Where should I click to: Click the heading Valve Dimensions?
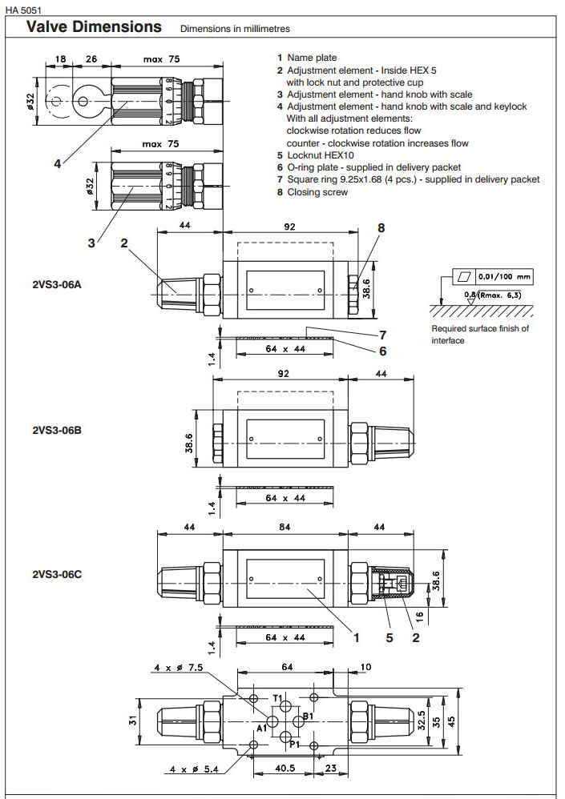pyautogui.click(x=94, y=26)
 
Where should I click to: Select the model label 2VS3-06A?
pyautogui.click(x=56, y=284)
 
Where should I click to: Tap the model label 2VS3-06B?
pyautogui.click(x=56, y=430)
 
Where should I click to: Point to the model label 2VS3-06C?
pyautogui.click(x=56, y=574)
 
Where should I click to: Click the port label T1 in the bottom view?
pyautogui.click(x=277, y=699)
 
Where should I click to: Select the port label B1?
pyautogui.click(x=308, y=716)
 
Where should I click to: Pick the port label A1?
pyautogui.click(x=262, y=729)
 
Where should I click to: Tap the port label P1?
pyautogui.click(x=294, y=744)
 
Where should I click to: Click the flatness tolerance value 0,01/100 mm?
pyautogui.click(x=505, y=277)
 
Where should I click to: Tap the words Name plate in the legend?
pyautogui.click(x=312, y=58)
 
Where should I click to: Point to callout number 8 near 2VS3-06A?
pyautogui.click(x=381, y=227)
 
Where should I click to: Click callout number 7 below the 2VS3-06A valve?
pyautogui.click(x=383, y=335)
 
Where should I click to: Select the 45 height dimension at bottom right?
pyautogui.click(x=474, y=721)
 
